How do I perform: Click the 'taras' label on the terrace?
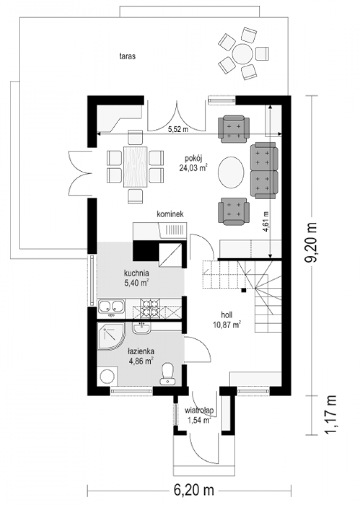[128, 56]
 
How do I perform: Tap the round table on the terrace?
[243, 54]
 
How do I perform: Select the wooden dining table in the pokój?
[135, 167]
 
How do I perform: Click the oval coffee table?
[231, 172]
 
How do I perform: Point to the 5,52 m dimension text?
[178, 130]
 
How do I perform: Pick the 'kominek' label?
[170, 214]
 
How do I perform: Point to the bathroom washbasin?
[141, 327]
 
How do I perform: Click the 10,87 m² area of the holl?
[227, 325]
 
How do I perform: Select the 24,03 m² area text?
[194, 168]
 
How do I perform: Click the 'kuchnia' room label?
[136, 273]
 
